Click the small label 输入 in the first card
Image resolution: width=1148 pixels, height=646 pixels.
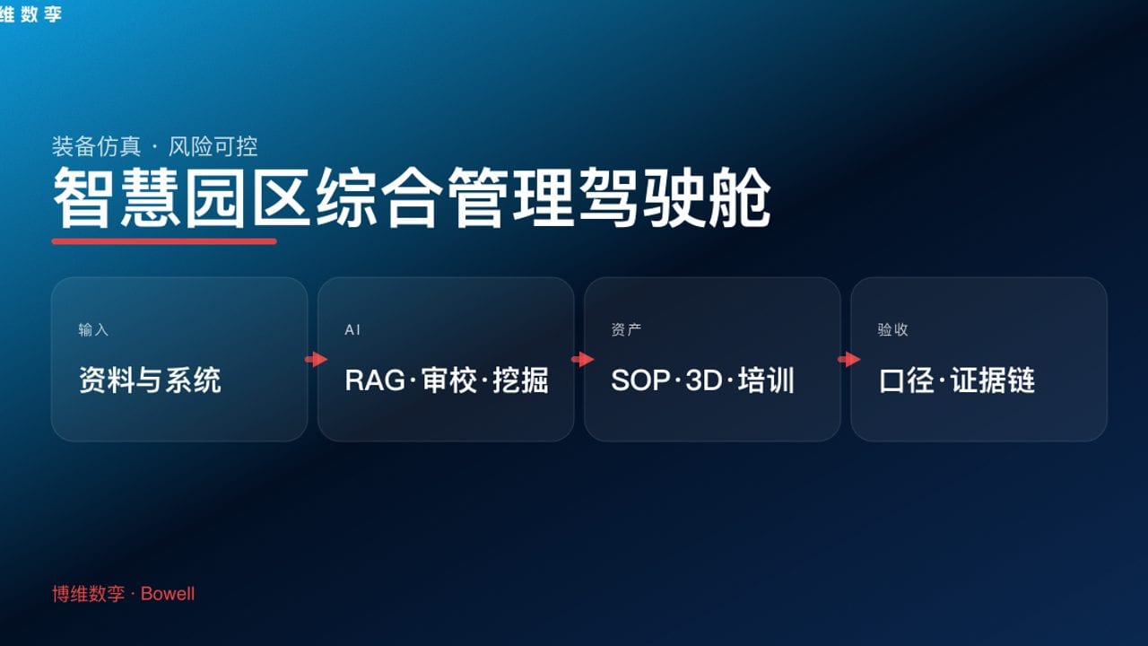93,330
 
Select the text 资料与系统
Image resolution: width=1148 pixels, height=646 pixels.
150,380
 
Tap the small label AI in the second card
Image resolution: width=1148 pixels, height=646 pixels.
352,330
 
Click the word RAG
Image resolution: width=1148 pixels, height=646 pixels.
375,380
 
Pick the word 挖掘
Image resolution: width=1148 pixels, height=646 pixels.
520,380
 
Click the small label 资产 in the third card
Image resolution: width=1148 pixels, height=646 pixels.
626,330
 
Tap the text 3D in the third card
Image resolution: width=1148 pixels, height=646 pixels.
704,380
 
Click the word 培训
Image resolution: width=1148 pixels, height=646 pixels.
767,380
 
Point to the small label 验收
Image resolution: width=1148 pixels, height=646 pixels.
892,330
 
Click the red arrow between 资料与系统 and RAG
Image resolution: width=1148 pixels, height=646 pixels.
316,360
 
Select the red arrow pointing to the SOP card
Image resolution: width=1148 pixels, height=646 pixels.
582,360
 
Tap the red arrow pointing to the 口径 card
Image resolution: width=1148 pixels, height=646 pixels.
848,360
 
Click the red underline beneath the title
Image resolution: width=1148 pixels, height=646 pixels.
164,240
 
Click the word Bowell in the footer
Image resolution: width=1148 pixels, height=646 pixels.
168,594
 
